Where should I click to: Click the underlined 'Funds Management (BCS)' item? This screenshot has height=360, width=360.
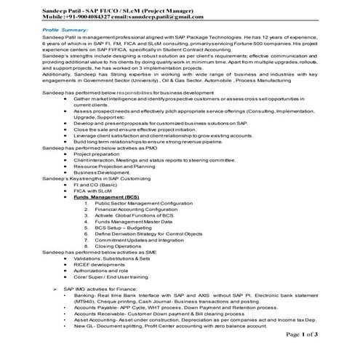106,196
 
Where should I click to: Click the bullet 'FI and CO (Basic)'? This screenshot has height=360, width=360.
95,185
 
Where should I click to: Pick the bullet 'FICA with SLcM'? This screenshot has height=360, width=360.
93,191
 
